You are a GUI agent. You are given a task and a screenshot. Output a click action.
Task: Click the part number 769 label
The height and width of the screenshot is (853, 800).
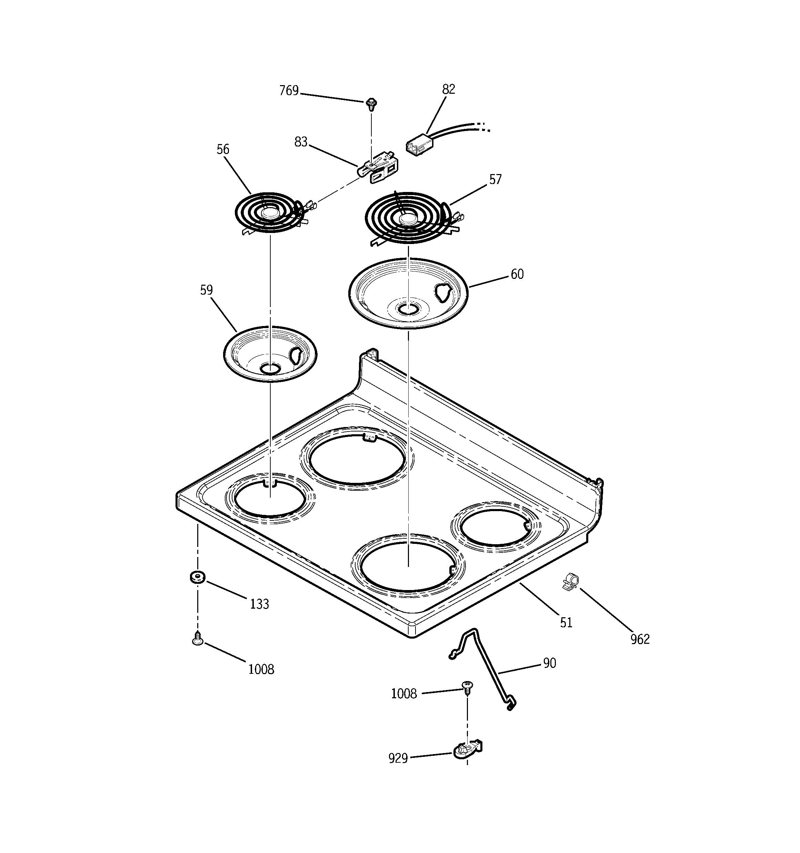point(289,91)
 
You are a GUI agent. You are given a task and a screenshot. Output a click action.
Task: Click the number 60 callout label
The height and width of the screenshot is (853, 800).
point(517,274)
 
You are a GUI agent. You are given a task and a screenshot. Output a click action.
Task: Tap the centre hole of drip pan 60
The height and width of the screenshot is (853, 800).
point(408,309)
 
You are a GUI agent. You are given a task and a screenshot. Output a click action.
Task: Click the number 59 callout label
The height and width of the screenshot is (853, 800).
point(206,290)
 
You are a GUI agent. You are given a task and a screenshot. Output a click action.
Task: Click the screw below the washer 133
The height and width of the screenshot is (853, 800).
point(197,640)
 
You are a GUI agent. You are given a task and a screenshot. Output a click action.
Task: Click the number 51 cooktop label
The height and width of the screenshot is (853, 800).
point(566,622)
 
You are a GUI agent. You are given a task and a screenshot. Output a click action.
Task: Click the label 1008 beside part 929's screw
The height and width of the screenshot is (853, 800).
point(404,694)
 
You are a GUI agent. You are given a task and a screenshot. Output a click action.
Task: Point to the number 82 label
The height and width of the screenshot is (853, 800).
point(448,89)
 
